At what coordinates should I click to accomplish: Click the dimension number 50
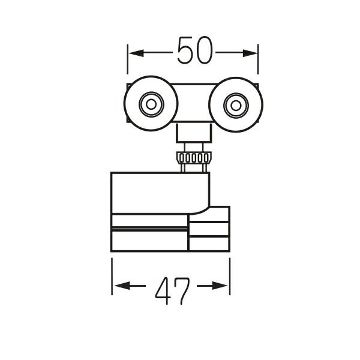[x=195, y=50]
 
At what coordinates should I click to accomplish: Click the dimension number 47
[x=172, y=290]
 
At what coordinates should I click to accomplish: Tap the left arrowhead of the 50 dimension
[x=136, y=53]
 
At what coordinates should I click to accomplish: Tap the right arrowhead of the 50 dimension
[x=250, y=53]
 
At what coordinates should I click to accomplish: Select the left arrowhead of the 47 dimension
[x=122, y=286]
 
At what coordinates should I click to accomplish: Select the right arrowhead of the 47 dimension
[x=220, y=286]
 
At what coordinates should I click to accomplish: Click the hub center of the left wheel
[x=151, y=104]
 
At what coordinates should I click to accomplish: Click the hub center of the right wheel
[x=236, y=106]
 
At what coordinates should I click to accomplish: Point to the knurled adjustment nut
[x=194, y=158]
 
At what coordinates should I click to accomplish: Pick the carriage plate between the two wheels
[x=194, y=103]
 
